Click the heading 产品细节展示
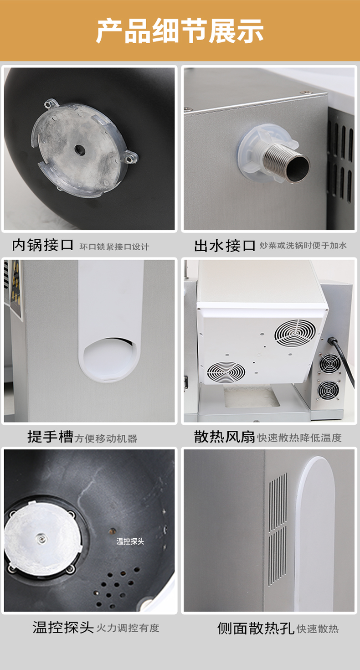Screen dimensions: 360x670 tap(180, 31)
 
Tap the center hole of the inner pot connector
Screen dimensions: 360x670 tap(80, 149)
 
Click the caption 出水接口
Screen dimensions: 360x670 tap(225, 246)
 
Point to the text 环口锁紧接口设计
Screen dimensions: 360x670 tap(114, 247)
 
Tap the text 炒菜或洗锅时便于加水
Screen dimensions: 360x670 tap(303, 246)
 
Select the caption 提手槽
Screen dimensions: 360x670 tap(50, 437)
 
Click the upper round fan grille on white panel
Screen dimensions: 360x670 tap(295, 333)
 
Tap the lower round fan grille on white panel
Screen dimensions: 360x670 tap(226, 372)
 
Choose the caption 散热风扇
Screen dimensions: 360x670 tap(224, 437)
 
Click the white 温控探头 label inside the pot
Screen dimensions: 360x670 tap(130, 541)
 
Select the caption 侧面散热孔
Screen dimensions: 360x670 tap(256, 628)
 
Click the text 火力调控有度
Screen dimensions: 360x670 tap(128, 628)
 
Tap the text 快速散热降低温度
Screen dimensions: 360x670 tap(299, 438)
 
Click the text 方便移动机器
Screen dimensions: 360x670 tap(106, 438)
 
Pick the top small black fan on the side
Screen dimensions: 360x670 tap(330, 364)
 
